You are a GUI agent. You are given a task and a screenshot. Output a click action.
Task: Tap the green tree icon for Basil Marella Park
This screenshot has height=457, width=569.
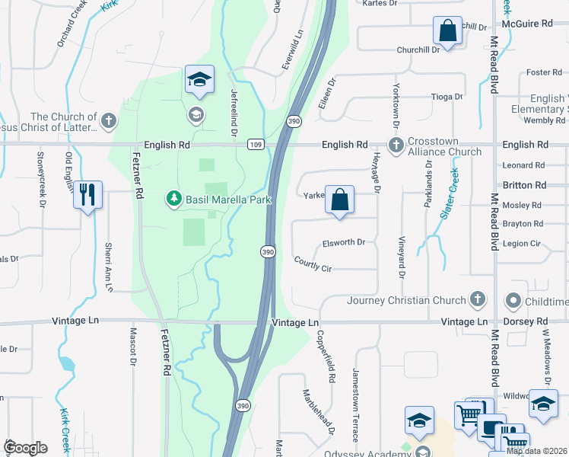click(174, 199)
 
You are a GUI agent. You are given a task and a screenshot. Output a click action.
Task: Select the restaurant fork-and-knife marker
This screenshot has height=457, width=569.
click(88, 195)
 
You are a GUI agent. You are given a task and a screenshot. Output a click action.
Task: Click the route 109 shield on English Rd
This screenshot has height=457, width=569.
click(256, 145)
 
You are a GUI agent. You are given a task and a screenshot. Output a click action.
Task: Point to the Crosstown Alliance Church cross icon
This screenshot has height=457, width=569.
click(396, 145)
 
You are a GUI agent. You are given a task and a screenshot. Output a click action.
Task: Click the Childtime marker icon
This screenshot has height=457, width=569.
click(513, 302)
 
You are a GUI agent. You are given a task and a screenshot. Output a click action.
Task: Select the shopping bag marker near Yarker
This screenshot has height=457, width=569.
click(340, 200)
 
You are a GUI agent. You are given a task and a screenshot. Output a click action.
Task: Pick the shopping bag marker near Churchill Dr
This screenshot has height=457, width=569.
click(448, 32)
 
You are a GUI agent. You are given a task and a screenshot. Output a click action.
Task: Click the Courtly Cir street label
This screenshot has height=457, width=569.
click(313, 264)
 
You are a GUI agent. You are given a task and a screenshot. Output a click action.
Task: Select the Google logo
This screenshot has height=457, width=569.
click(25, 448)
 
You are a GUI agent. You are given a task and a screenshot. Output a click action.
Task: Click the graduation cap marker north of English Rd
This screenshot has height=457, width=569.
click(199, 80)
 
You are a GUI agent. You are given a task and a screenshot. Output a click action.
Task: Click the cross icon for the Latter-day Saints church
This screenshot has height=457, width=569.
click(110, 120)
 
